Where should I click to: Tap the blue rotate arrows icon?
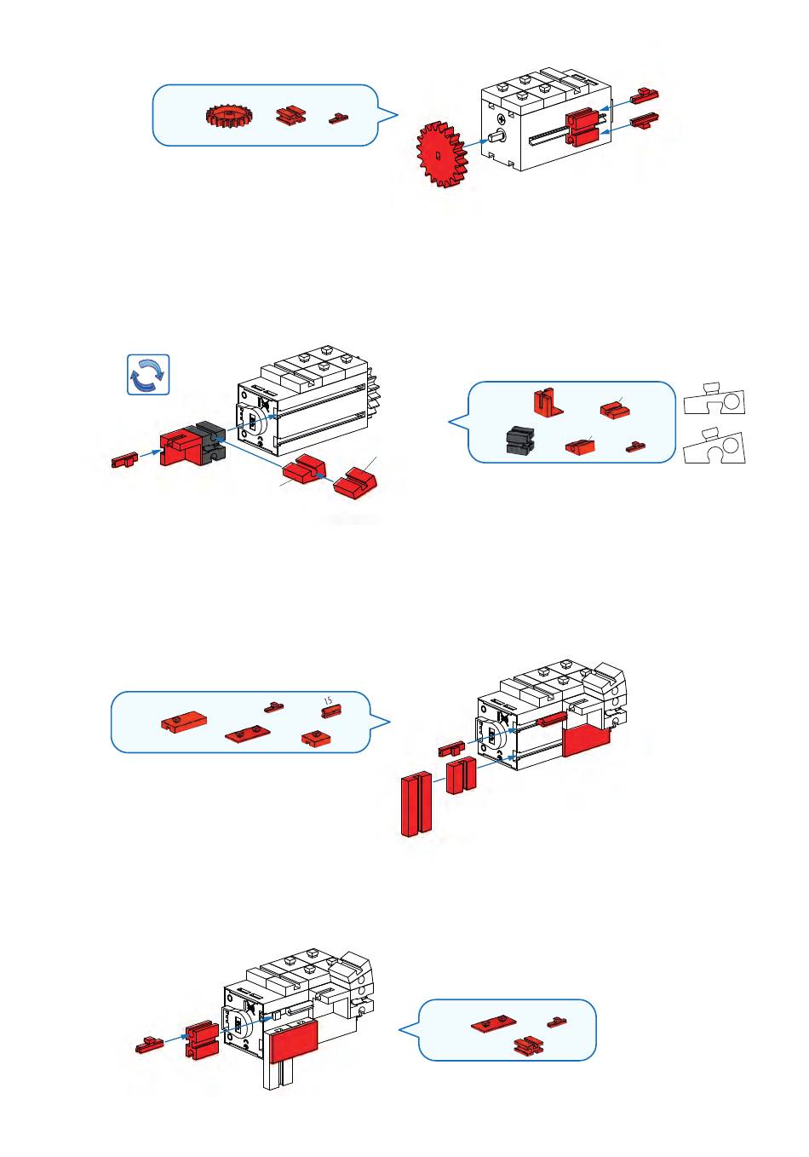(x=148, y=375)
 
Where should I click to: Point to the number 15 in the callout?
(x=328, y=701)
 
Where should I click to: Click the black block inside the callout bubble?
(x=519, y=440)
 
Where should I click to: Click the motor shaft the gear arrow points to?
(x=497, y=137)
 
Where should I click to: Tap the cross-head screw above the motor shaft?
(x=502, y=118)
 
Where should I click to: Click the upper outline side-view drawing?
(x=714, y=400)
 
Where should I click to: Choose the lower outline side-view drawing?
(x=714, y=446)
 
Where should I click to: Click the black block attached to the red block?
(x=210, y=441)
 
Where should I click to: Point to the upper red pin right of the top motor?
(x=645, y=95)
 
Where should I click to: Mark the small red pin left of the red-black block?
(x=125, y=460)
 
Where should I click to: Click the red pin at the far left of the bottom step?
(x=150, y=1045)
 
